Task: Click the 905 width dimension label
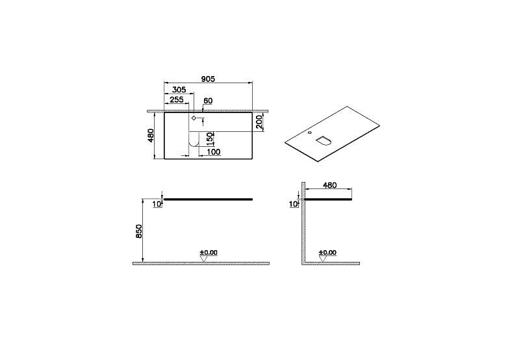(208, 79)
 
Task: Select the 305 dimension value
(179, 90)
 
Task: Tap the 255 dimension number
(177, 99)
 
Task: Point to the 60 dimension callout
(208, 101)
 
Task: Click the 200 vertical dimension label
(259, 122)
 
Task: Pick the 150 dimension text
(210, 138)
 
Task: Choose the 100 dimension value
(213, 152)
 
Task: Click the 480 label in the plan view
(150, 136)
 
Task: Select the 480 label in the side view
(329, 185)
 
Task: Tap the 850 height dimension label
(139, 231)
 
